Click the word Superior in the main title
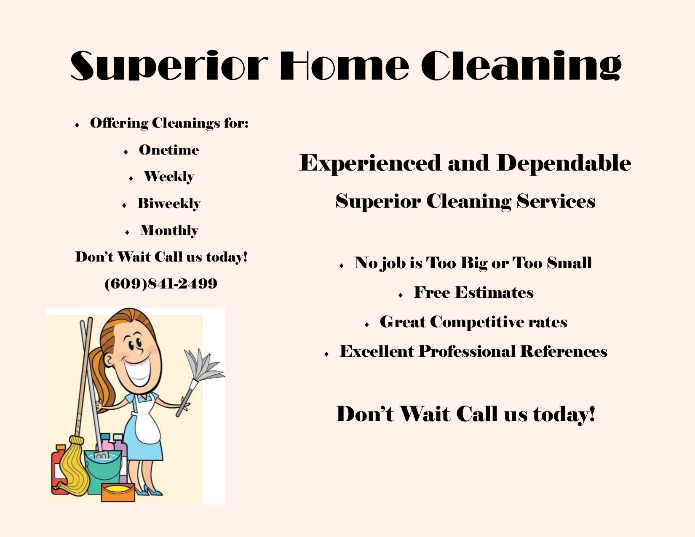point(169,66)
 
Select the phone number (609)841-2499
point(161,283)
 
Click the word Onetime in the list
point(169,150)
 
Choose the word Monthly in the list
point(169,231)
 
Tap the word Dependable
point(564,163)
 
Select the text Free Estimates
point(474,292)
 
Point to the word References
point(564,351)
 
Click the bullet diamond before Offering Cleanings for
point(77,125)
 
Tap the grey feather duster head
point(205,365)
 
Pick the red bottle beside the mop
point(58,470)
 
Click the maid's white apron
point(147,422)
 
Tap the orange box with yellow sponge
point(118,492)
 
